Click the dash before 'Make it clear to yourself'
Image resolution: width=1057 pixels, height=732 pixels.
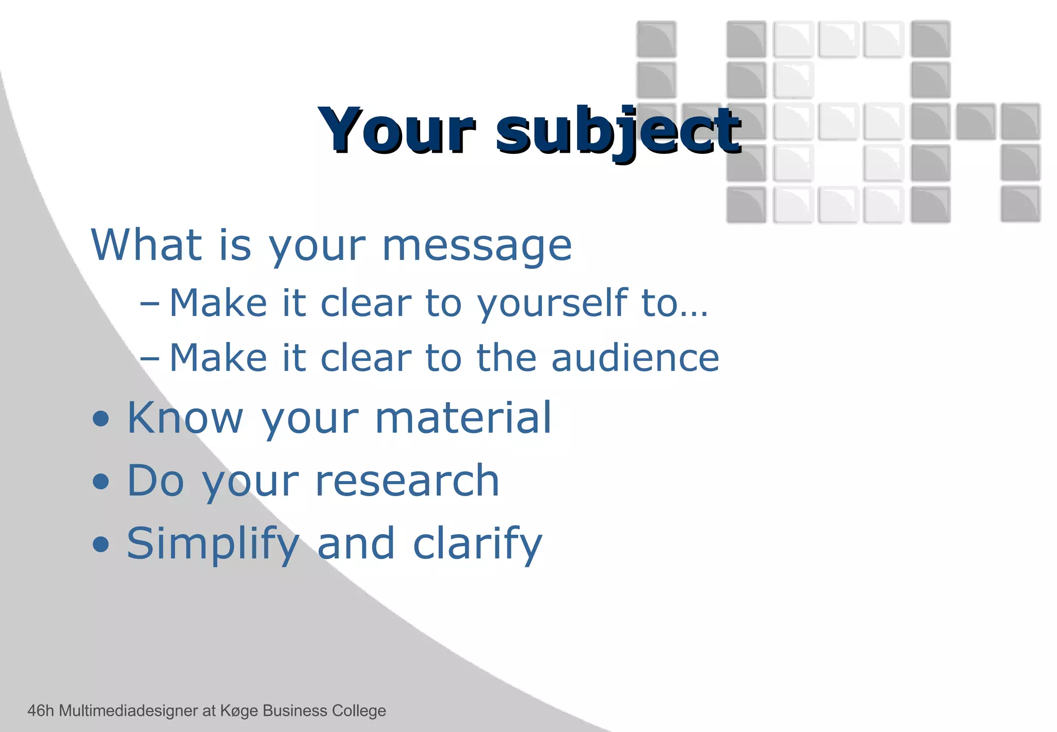150,304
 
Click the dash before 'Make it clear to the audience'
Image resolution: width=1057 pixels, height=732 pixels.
150,358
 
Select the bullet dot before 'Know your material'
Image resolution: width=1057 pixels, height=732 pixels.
101,419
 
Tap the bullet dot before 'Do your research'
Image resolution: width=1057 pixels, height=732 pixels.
101,482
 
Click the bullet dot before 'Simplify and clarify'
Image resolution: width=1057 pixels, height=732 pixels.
101,544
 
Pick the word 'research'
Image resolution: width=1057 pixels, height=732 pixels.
407,481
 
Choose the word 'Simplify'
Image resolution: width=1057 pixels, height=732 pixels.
213,544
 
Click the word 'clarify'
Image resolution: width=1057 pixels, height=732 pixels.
477,544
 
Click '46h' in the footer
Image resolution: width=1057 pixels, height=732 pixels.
40,711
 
